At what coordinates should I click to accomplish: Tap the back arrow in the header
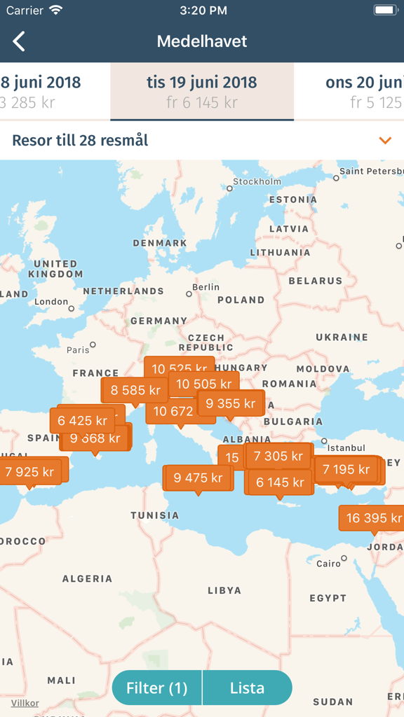click(19, 41)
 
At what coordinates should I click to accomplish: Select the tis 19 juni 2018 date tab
click(202, 92)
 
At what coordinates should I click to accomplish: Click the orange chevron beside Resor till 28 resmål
click(384, 141)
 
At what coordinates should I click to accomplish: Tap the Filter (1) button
click(157, 688)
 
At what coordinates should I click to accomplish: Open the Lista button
click(247, 688)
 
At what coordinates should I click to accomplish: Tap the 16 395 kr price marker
click(373, 518)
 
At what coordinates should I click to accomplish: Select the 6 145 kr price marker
click(279, 482)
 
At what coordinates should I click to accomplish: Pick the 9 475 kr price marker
click(198, 478)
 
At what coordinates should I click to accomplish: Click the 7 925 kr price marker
click(30, 472)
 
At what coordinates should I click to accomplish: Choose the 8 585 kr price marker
click(135, 390)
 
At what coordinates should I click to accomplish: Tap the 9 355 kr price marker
click(230, 403)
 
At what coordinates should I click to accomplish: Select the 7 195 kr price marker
click(346, 469)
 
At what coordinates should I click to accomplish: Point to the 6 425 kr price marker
click(82, 421)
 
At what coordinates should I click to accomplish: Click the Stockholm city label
click(257, 181)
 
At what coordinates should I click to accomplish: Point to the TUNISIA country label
click(155, 515)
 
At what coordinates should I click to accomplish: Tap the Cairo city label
click(328, 564)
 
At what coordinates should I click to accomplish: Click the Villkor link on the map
click(25, 703)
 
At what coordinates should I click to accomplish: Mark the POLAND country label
click(241, 300)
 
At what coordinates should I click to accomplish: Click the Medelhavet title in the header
click(202, 41)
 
